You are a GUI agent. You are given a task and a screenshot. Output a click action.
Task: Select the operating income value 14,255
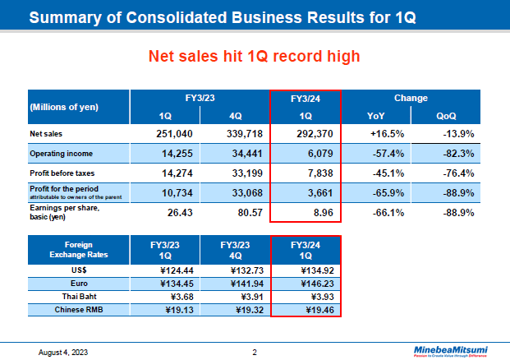click(176, 154)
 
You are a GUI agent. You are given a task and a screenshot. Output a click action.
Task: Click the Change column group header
click(411, 98)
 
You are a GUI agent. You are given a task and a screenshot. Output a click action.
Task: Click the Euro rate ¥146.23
click(305, 283)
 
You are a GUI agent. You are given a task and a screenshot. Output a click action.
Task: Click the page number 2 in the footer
click(255, 352)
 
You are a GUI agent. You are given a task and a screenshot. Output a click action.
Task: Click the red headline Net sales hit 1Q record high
click(255, 56)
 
